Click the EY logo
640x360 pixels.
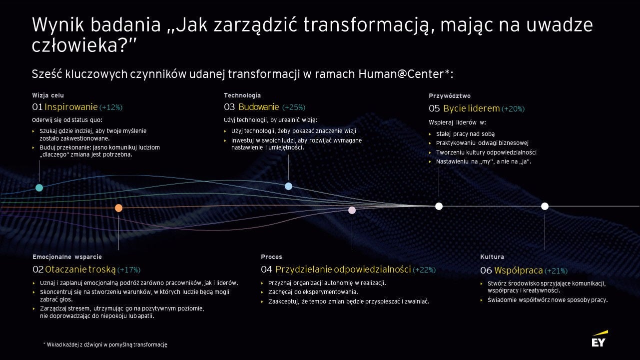(600, 339)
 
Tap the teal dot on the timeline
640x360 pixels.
(39, 187)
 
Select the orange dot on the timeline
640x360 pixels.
(118, 208)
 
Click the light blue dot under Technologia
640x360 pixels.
(289, 186)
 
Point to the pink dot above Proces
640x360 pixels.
(352, 210)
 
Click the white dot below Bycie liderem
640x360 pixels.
(439, 206)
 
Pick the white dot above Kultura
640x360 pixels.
(545, 206)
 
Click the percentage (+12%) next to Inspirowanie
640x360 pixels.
(111, 107)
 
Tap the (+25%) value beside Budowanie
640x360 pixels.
(294, 107)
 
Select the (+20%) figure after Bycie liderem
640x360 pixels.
(513, 109)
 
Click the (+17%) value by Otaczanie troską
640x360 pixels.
(129, 270)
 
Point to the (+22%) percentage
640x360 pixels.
(424, 270)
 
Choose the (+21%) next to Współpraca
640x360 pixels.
(556, 271)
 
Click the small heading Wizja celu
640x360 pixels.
(48, 95)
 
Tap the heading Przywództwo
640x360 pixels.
(450, 96)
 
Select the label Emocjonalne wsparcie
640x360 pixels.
(67, 257)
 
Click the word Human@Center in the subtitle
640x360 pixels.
(401, 74)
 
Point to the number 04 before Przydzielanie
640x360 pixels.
(266, 269)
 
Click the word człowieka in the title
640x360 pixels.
(74, 45)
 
